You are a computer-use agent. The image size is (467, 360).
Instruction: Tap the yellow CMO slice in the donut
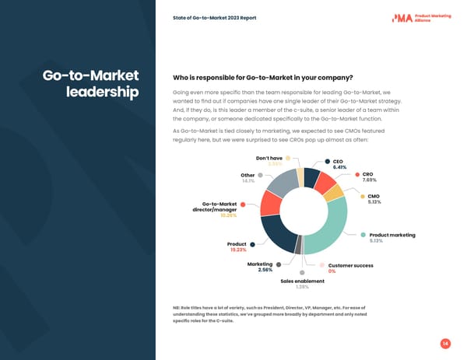(x=333, y=192)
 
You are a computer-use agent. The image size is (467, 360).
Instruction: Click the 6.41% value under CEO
(x=339, y=167)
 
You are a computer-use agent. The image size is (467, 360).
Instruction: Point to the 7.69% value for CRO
(x=369, y=180)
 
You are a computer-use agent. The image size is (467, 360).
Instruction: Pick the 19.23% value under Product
(x=238, y=250)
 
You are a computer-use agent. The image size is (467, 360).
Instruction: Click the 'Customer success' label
(x=350, y=265)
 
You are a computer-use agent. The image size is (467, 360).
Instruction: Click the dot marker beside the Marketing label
(x=279, y=264)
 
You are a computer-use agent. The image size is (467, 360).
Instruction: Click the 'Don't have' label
(x=270, y=158)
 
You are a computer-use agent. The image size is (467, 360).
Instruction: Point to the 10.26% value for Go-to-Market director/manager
(x=228, y=215)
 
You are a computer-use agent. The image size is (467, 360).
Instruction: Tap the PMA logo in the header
(x=423, y=18)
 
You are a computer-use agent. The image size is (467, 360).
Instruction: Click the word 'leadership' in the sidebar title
(x=104, y=93)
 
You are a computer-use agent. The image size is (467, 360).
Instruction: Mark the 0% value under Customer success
(x=332, y=271)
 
